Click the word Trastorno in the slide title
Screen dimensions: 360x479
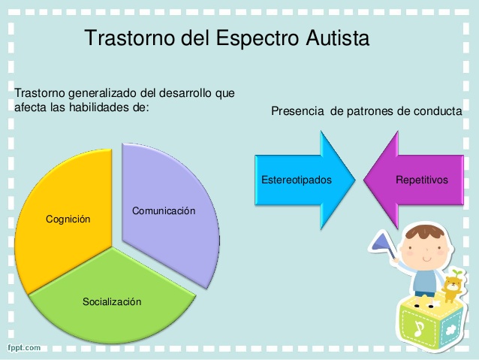tap(130, 38)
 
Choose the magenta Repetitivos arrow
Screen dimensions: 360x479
tap(420, 180)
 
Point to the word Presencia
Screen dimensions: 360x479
tap(297, 111)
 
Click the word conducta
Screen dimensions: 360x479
tap(441, 111)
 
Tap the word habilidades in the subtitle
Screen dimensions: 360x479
tap(110, 107)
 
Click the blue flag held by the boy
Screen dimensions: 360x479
tap(379, 242)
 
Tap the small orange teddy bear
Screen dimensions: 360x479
tap(450, 286)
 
